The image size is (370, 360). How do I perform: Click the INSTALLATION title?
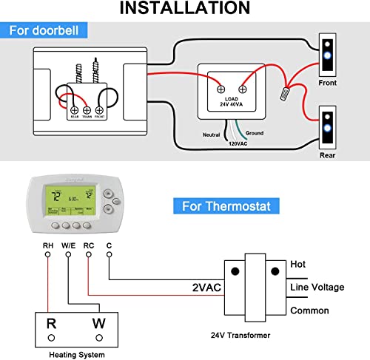click(184, 9)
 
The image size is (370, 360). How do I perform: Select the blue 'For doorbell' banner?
click(47, 31)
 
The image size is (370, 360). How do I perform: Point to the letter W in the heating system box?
click(98, 322)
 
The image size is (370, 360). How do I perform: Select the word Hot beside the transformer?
click(297, 264)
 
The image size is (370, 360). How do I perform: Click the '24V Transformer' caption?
click(240, 335)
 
